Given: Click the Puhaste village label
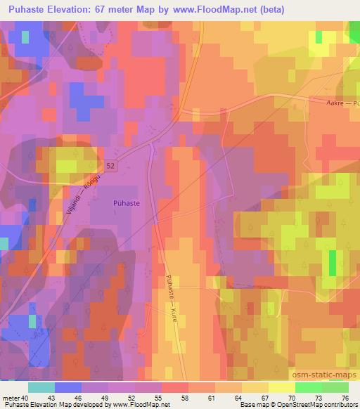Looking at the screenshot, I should click(127, 202).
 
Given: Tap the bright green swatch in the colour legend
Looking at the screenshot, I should click(308, 387).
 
